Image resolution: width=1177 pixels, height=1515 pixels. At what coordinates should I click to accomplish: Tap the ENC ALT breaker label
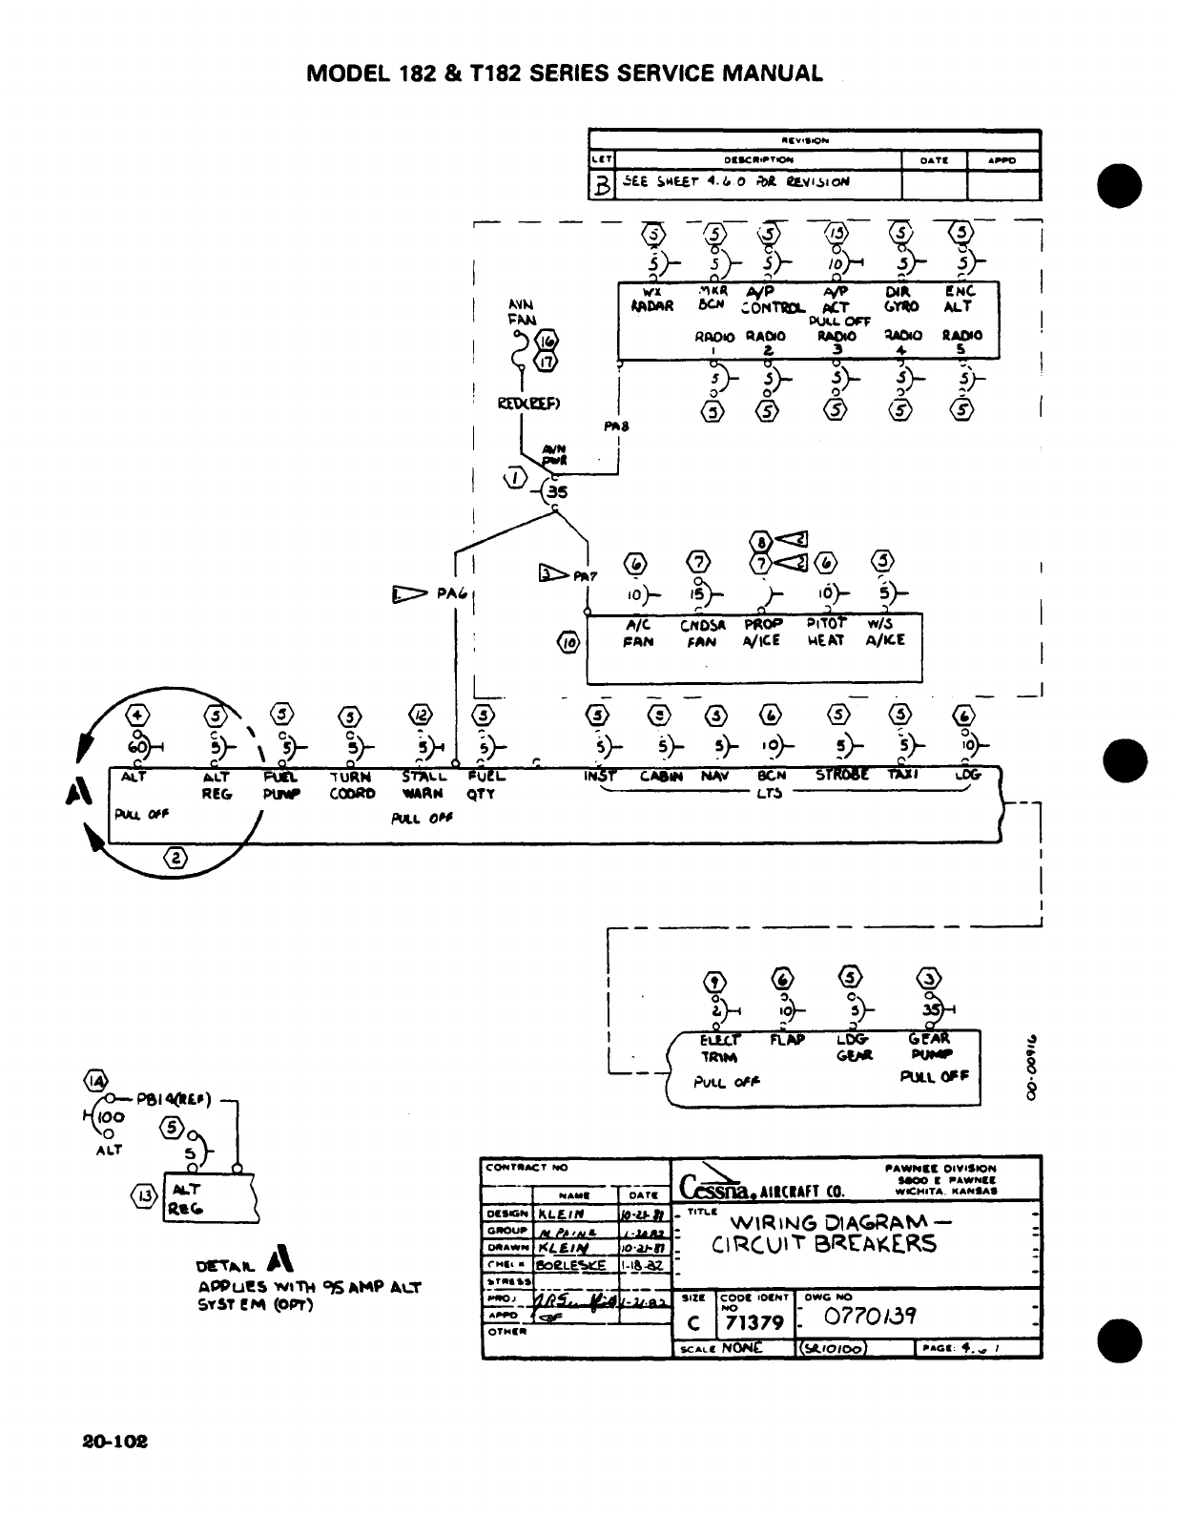point(959,299)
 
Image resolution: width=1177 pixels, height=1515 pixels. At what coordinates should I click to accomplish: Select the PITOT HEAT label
point(825,632)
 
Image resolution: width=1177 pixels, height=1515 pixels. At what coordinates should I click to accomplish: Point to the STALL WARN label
point(423,784)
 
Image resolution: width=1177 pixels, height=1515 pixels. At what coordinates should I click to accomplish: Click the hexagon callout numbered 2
point(177,858)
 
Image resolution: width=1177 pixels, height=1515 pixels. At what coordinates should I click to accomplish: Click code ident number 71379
point(754,1323)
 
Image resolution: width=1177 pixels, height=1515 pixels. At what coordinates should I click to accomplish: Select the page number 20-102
point(115,1441)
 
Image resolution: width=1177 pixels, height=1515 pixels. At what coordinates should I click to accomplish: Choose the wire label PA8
point(616,426)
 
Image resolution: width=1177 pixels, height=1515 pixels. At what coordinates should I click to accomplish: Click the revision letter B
point(602,186)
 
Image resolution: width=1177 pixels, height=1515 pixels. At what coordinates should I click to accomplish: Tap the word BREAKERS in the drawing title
point(877,1245)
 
